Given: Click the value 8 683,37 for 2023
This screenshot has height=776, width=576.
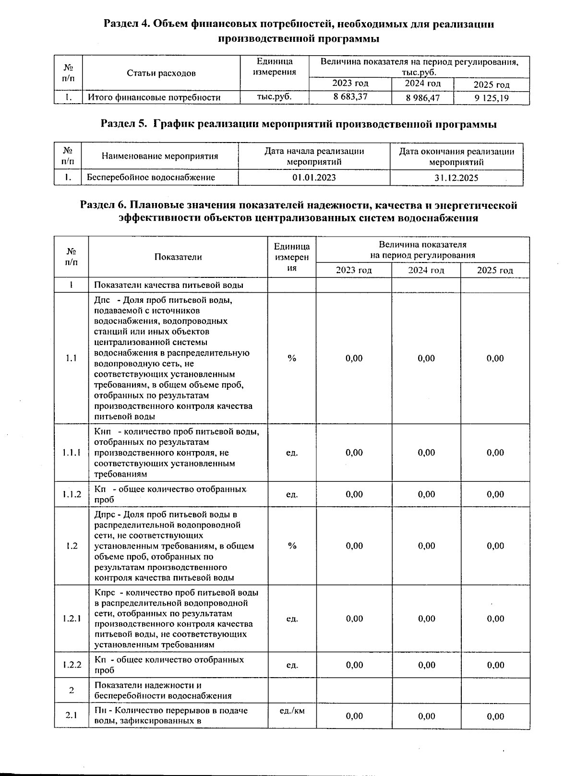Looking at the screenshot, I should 350,97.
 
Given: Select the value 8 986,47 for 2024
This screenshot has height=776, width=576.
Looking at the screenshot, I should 422,98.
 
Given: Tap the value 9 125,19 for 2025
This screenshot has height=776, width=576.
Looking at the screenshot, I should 492,98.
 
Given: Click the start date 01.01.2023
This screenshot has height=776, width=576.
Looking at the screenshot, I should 314,178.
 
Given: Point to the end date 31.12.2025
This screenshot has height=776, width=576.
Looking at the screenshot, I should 456,178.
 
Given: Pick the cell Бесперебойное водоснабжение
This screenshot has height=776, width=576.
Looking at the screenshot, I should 151,178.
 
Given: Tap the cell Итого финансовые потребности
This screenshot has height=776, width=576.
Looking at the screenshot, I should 154,97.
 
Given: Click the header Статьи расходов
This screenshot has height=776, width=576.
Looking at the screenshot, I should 161,73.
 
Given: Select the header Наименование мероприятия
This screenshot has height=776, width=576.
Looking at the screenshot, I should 160,156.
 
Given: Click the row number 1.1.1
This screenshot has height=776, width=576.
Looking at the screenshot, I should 72,453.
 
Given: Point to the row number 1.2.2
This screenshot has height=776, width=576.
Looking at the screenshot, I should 72,665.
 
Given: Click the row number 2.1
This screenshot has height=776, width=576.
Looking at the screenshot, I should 72,716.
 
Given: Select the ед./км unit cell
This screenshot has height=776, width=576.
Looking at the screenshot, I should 292,711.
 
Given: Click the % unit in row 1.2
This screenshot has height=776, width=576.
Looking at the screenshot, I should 292,546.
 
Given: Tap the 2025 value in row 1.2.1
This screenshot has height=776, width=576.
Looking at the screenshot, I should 495,619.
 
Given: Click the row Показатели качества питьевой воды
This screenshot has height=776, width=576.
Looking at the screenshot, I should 168,285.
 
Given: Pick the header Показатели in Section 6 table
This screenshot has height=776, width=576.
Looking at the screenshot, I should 178,257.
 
